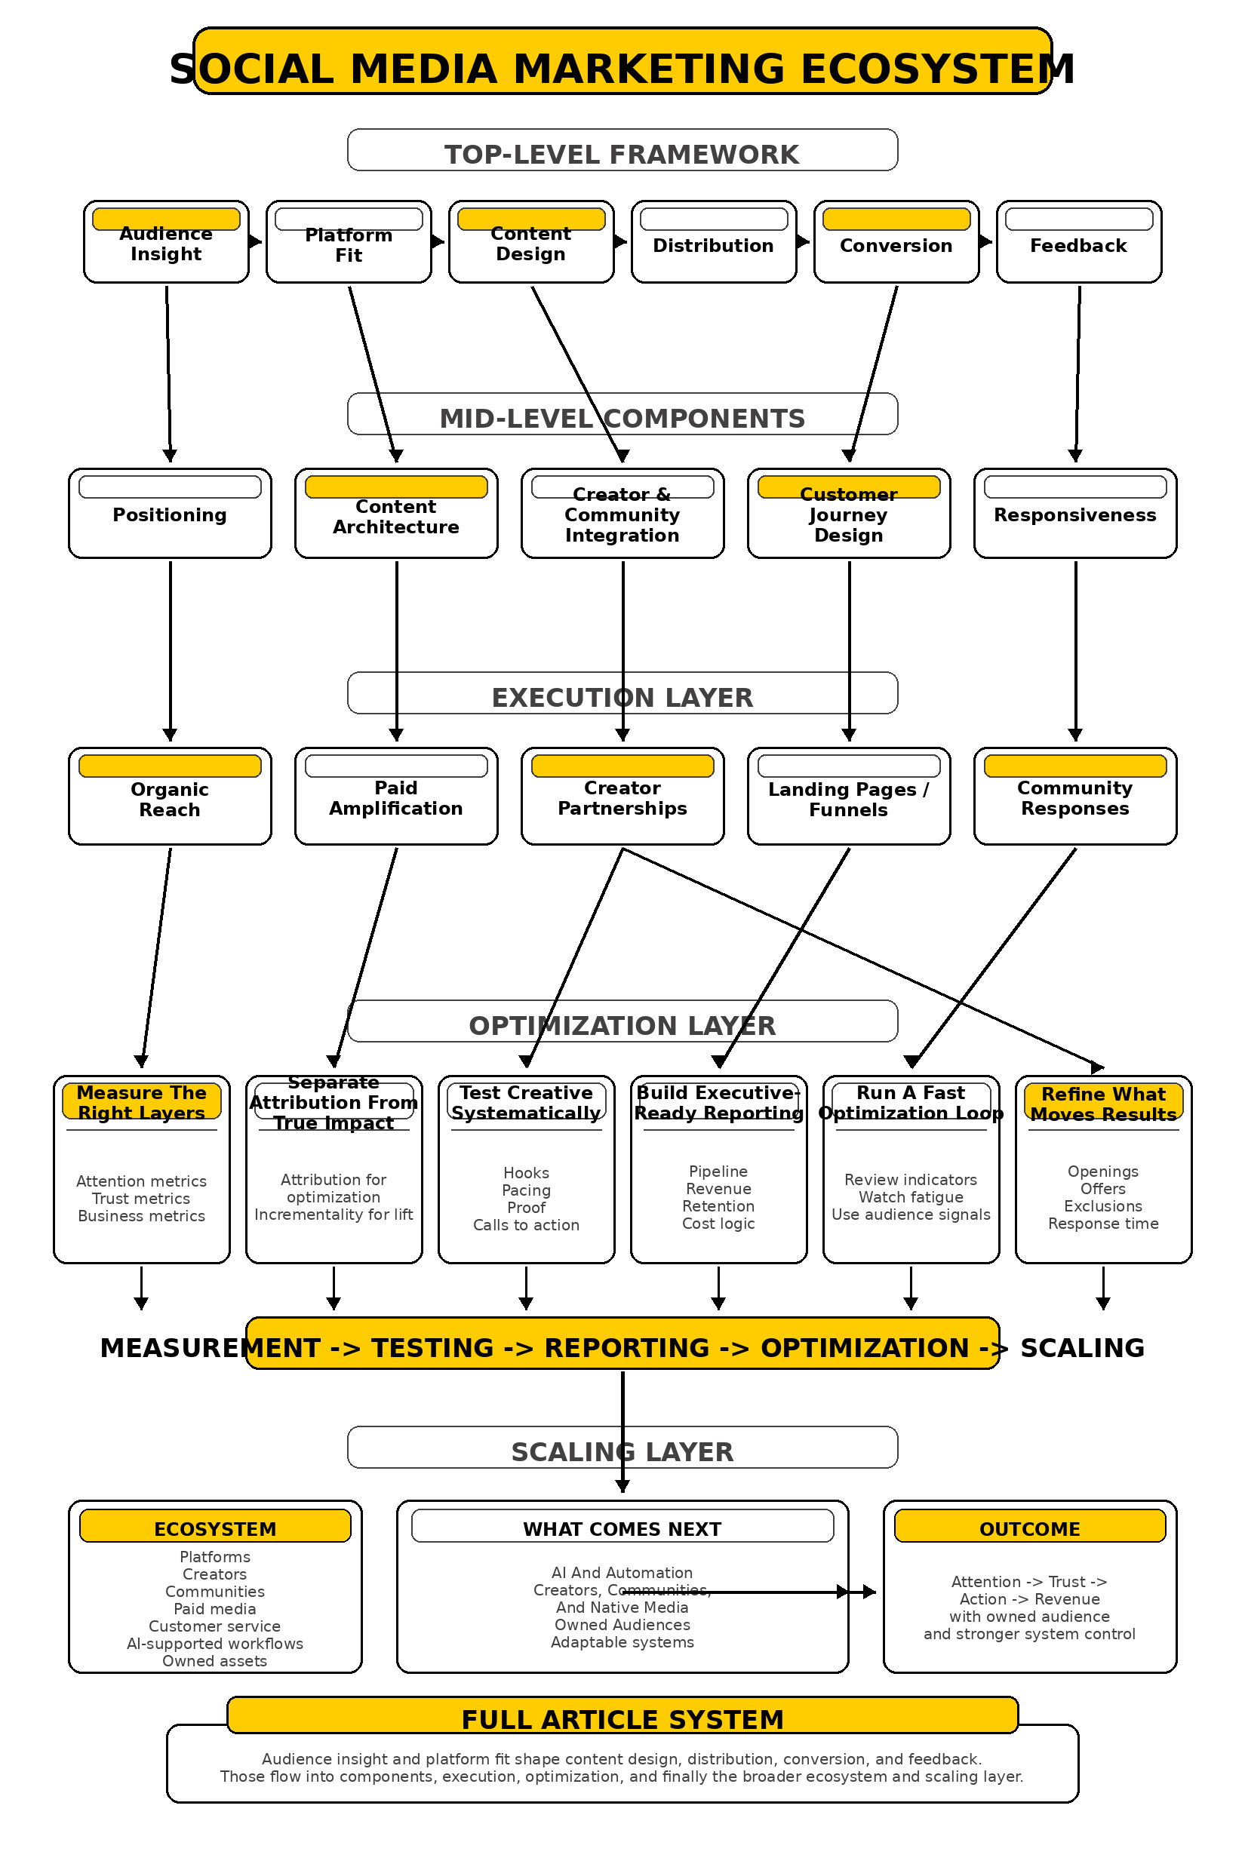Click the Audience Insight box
click(166, 242)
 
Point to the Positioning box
click(169, 514)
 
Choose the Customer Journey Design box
click(848, 514)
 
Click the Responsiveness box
click(1074, 514)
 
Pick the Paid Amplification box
click(395, 797)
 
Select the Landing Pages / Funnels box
click(848, 797)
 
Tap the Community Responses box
click(1074, 797)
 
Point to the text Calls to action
click(526, 1225)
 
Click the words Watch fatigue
click(911, 1197)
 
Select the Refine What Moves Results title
click(1103, 1104)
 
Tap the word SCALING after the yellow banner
click(1082, 1348)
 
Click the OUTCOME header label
click(1029, 1529)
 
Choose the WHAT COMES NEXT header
click(622, 1529)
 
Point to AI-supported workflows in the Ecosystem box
click(214, 1643)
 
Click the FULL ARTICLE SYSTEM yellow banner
click(622, 1718)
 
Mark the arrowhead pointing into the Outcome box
click(869, 1592)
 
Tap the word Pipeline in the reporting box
click(718, 1171)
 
